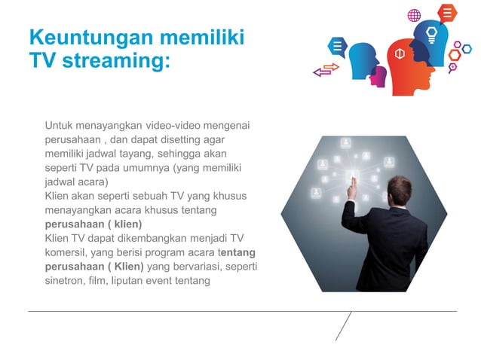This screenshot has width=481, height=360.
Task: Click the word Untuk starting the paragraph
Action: (x=59, y=125)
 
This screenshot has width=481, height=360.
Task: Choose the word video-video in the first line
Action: (x=174, y=125)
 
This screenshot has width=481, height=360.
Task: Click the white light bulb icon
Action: (x=432, y=34)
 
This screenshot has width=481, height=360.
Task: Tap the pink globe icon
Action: (x=414, y=15)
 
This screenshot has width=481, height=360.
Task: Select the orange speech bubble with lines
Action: (x=448, y=12)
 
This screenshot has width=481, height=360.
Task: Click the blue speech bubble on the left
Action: (x=336, y=47)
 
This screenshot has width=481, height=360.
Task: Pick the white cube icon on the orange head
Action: (x=400, y=53)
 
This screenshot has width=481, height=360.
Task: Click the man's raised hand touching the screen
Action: (x=351, y=188)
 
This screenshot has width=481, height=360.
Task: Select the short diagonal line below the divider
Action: (x=343, y=325)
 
